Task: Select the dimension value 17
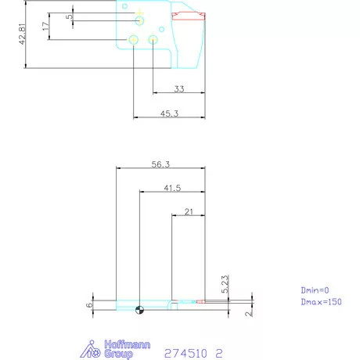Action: [x=45, y=27]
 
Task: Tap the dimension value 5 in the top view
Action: [x=70, y=16]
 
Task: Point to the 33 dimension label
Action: [x=178, y=89]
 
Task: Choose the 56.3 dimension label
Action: [x=160, y=164]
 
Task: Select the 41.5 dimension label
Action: [x=172, y=187]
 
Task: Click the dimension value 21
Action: [x=189, y=211]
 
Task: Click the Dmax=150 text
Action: [x=321, y=301]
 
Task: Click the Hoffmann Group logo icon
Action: [x=92, y=350]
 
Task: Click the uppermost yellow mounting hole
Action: [x=139, y=20]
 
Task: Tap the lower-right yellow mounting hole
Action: [x=153, y=39]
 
